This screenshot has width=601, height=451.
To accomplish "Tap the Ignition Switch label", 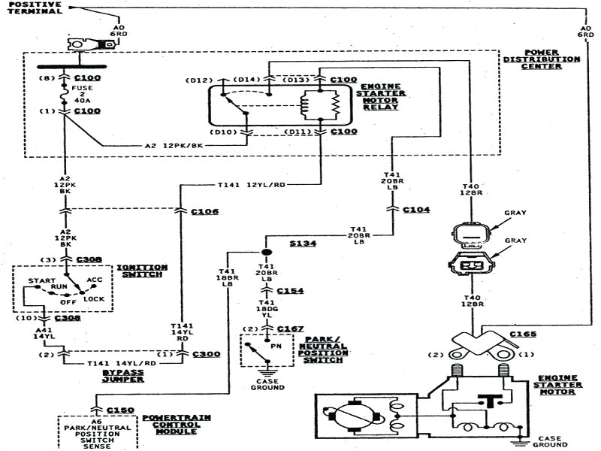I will [x=140, y=271].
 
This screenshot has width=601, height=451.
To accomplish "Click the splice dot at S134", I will [x=266, y=251].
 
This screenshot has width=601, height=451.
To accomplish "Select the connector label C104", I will [x=416, y=210].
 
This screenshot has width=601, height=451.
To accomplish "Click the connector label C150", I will [x=119, y=410].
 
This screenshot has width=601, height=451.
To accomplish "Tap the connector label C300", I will [x=206, y=353].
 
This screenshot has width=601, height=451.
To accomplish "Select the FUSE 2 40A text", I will [x=80, y=92].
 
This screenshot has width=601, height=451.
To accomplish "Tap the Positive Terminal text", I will [x=35, y=7].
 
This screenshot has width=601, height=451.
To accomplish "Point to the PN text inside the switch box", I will [x=276, y=347].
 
